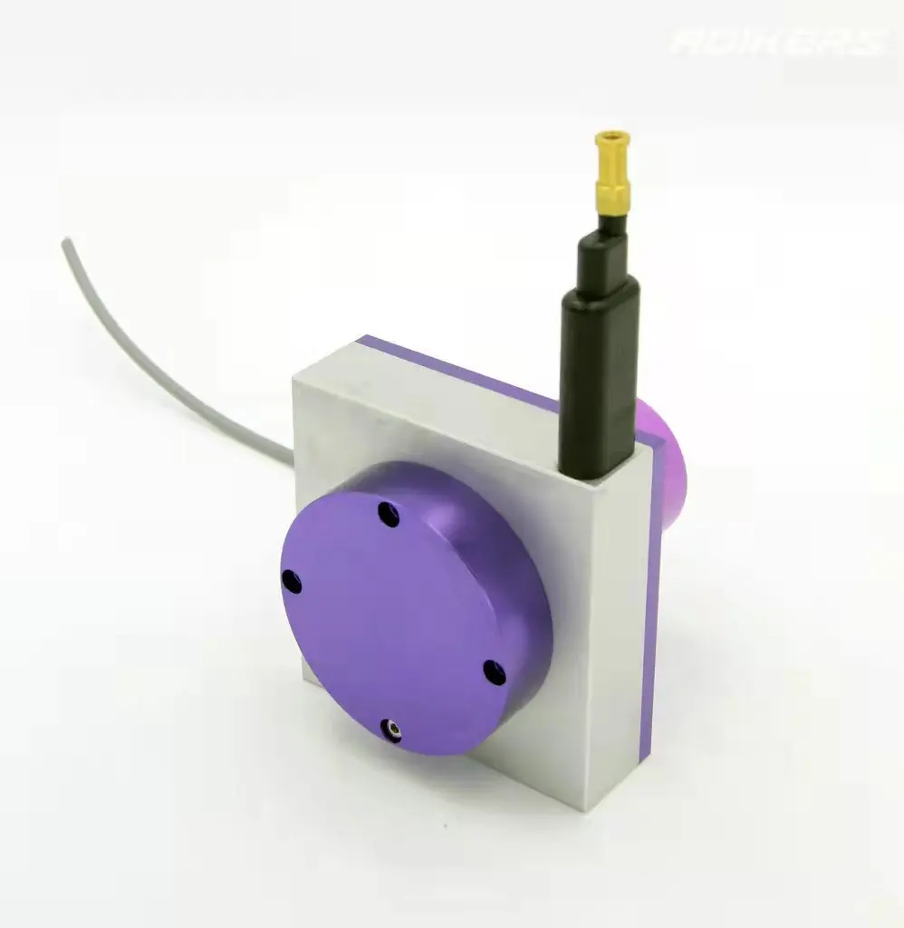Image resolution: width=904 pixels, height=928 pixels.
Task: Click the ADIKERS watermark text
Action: pyautogui.click(x=777, y=41)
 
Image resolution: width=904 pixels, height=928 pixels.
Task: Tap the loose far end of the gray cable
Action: pyautogui.click(x=65, y=243)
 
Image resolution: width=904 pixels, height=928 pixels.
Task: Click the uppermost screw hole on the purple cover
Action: pyautogui.click(x=389, y=514)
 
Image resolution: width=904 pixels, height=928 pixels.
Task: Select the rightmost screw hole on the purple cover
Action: pyautogui.click(x=491, y=671)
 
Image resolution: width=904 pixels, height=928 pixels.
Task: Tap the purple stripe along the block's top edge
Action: pyautogui.click(x=453, y=364)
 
